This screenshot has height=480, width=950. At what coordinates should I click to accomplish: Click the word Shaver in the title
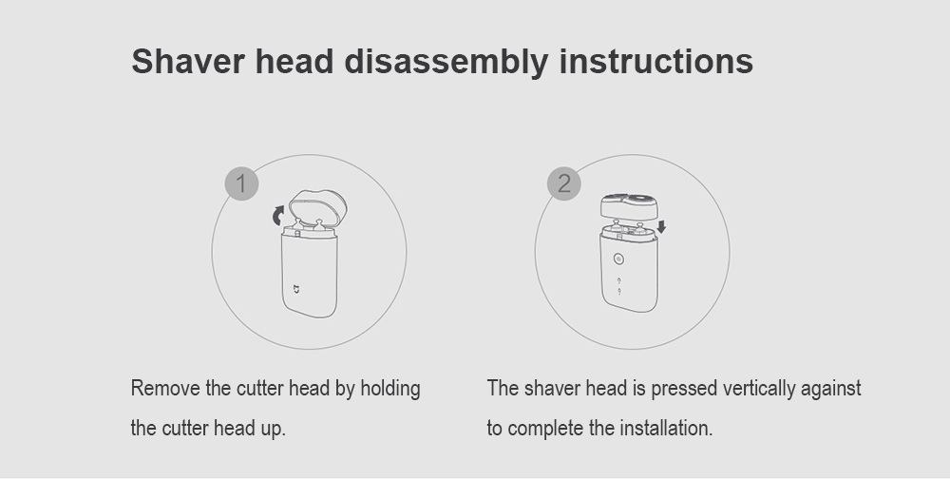[188, 61]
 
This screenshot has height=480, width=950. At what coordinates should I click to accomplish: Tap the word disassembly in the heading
[446, 63]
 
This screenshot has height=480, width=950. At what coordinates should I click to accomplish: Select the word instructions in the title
[656, 61]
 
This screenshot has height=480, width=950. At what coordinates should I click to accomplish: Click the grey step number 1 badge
[241, 183]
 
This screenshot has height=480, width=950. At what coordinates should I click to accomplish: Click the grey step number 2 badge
[564, 183]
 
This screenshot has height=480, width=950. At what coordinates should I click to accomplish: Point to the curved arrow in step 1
[278, 215]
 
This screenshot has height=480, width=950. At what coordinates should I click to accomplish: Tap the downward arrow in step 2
[661, 226]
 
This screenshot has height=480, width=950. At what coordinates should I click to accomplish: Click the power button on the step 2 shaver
[618, 259]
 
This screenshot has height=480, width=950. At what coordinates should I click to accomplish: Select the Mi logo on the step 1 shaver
[296, 289]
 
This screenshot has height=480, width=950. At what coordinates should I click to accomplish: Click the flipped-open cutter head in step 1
[318, 208]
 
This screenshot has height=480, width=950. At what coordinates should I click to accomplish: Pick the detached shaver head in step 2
[629, 206]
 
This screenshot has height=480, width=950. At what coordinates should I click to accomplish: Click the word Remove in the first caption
[165, 389]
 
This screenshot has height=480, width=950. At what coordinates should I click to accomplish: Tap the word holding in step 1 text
[390, 389]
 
